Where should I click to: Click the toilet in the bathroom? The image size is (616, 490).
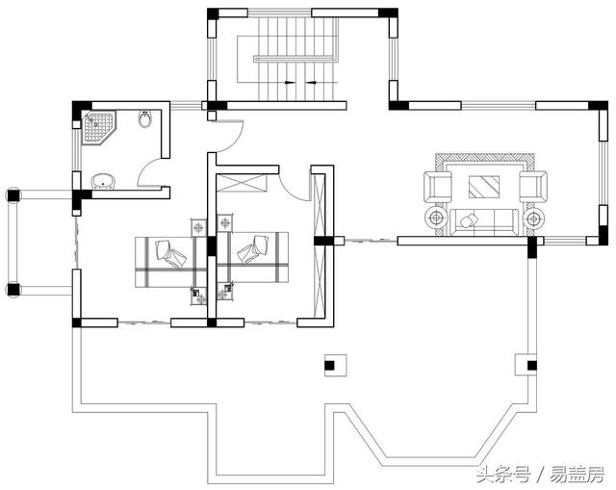[x=145, y=120]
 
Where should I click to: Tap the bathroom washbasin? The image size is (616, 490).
[x=103, y=180]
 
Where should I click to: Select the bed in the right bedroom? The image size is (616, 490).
[x=252, y=255]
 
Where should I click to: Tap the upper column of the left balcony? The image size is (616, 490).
[x=13, y=194]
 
